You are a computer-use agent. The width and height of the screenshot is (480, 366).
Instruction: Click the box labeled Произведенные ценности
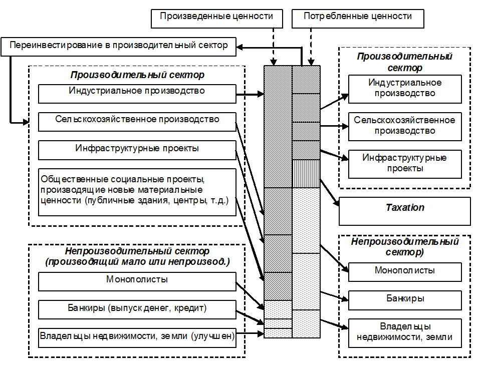tap(216, 18)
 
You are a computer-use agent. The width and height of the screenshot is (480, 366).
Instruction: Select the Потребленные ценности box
tap(358, 18)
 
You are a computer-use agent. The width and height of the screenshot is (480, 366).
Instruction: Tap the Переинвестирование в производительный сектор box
tap(118, 46)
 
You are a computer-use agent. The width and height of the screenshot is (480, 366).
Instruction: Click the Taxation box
tap(404, 211)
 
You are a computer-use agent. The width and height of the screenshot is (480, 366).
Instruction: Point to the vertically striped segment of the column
tap(306, 173)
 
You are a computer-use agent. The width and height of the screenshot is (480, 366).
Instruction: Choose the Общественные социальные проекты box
tap(137, 192)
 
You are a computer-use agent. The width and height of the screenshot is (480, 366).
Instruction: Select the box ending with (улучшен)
tap(137, 337)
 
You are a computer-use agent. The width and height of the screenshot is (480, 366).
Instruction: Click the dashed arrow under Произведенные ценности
tap(273, 45)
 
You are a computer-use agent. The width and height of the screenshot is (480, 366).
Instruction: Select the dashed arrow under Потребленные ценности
tap(312, 45)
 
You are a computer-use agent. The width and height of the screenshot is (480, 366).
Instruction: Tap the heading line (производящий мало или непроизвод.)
tap(137, 261)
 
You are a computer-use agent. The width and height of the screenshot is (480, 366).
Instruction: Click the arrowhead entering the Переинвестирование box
tap(239, 48)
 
